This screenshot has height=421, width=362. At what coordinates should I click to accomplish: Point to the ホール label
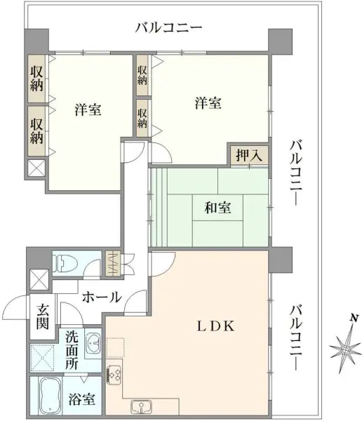click(102, 297)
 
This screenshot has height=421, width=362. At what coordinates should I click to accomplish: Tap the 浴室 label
click(83, 399)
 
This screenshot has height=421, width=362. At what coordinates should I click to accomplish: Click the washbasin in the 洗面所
click(93, 344)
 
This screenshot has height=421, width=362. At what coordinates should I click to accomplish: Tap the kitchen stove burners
click(114, 374)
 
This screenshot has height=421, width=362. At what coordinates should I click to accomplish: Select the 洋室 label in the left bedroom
click(88, 110)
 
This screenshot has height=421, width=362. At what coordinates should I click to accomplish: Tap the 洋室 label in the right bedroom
click(208, 103)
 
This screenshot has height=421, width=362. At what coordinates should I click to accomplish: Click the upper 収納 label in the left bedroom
click(37, 79)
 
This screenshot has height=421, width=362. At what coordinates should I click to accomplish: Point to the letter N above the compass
click(355, 318)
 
